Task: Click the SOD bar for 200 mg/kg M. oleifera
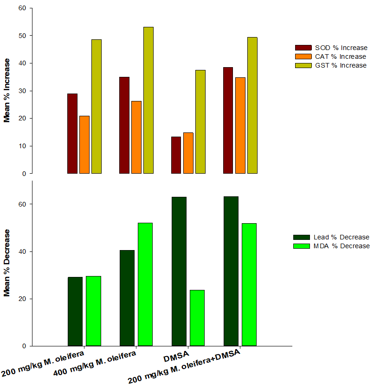(72, 133)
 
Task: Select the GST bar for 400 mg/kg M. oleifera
(148, 100)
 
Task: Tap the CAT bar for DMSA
(188, 153)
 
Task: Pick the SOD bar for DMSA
(176, 155)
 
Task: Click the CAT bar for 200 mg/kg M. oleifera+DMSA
(240, 125)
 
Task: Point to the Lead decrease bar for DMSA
(179, 271)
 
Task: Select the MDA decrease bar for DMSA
(197, 318)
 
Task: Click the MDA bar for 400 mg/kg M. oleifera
(145, 284)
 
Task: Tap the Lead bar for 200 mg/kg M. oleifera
(75, 311)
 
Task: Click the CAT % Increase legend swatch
(303, 56)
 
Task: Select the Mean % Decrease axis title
(7, 263)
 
